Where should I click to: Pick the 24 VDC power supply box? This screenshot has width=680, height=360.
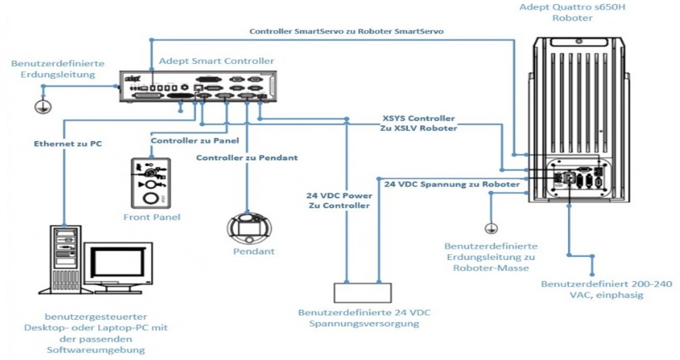[362, 292]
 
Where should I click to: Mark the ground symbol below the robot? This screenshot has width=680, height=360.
[491, 227]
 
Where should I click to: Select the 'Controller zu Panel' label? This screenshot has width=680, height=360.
[194, 141]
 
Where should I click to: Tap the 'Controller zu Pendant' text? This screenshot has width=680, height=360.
[247, 158]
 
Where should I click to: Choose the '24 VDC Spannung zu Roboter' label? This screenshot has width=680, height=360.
[452, 185]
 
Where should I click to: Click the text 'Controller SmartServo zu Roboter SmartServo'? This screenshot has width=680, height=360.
[346, 31]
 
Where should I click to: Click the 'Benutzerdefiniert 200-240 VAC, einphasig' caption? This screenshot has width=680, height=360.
[607, 289]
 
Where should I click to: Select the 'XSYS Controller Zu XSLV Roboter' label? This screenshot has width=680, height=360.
[419, 123]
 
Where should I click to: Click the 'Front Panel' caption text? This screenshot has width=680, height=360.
[152, 217]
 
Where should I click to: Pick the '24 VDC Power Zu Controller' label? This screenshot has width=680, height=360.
[339, 201]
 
